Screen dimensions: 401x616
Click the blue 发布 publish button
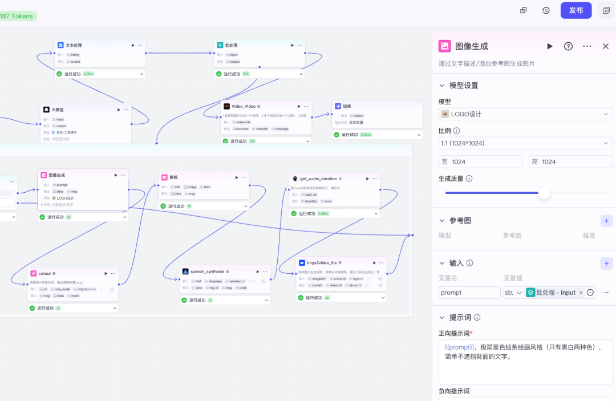[576, 10]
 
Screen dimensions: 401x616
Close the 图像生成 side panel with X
[606, 46]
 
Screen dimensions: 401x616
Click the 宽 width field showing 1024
[480, 162]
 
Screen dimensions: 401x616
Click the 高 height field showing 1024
[570, 162]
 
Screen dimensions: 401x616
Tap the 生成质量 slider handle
[545, 193]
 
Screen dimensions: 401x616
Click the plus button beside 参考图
[606, 221]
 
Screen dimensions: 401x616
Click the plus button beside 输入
[606, 264]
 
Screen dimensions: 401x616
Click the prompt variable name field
[469, 293]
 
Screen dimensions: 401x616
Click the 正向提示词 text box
[525, 362]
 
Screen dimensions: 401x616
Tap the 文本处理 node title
[74, 45]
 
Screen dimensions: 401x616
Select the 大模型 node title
[58, 110]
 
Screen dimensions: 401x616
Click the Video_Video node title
[244, 106]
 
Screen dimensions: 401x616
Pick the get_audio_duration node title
[318, 179]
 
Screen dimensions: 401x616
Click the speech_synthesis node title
[207, 272]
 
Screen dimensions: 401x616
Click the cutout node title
[44, 273]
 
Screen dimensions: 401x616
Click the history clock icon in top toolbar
[546, 10]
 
